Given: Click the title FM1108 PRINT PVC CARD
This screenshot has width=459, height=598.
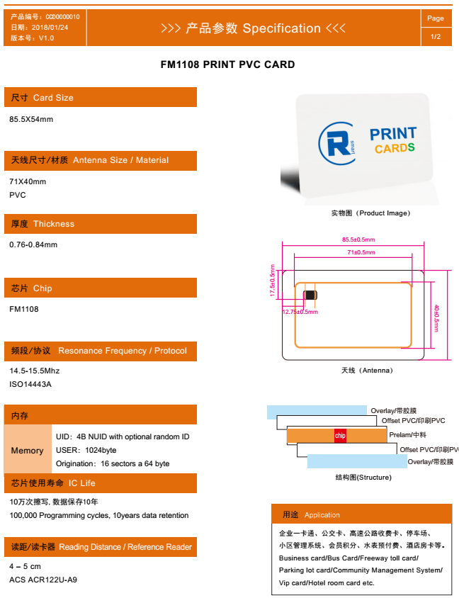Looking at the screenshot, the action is click(x=227, y=64).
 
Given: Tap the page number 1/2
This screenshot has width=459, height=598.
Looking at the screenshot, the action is click(x=436, y=37).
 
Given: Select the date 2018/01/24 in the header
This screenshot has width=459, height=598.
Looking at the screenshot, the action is click(x=50, y=28).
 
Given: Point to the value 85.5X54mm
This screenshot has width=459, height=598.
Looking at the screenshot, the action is click(x=31, y=119).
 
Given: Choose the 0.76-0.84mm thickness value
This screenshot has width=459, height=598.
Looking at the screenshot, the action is click(x=33, y=245).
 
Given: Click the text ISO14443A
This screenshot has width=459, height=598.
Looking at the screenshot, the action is click(x=30, y=384).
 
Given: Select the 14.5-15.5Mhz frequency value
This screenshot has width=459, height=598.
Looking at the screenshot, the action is click(x=35, y=371).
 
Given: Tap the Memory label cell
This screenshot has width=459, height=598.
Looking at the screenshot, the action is click(x=28, y=451).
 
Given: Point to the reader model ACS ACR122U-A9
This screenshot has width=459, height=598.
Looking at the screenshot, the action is click(x=43, y=580).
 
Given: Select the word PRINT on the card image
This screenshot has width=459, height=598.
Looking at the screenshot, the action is click(x=393, y=134).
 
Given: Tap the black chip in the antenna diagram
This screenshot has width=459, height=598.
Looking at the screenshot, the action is click(x=310, y=295).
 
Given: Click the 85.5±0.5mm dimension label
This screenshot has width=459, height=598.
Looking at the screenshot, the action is click(x=358, y=239).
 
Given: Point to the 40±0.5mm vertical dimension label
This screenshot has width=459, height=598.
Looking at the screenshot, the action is click(x=436, y=318).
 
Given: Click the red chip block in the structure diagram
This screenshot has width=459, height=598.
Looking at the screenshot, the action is click(x=340, y=436).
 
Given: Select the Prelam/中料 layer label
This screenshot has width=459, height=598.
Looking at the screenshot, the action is click(x=407, y=435).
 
